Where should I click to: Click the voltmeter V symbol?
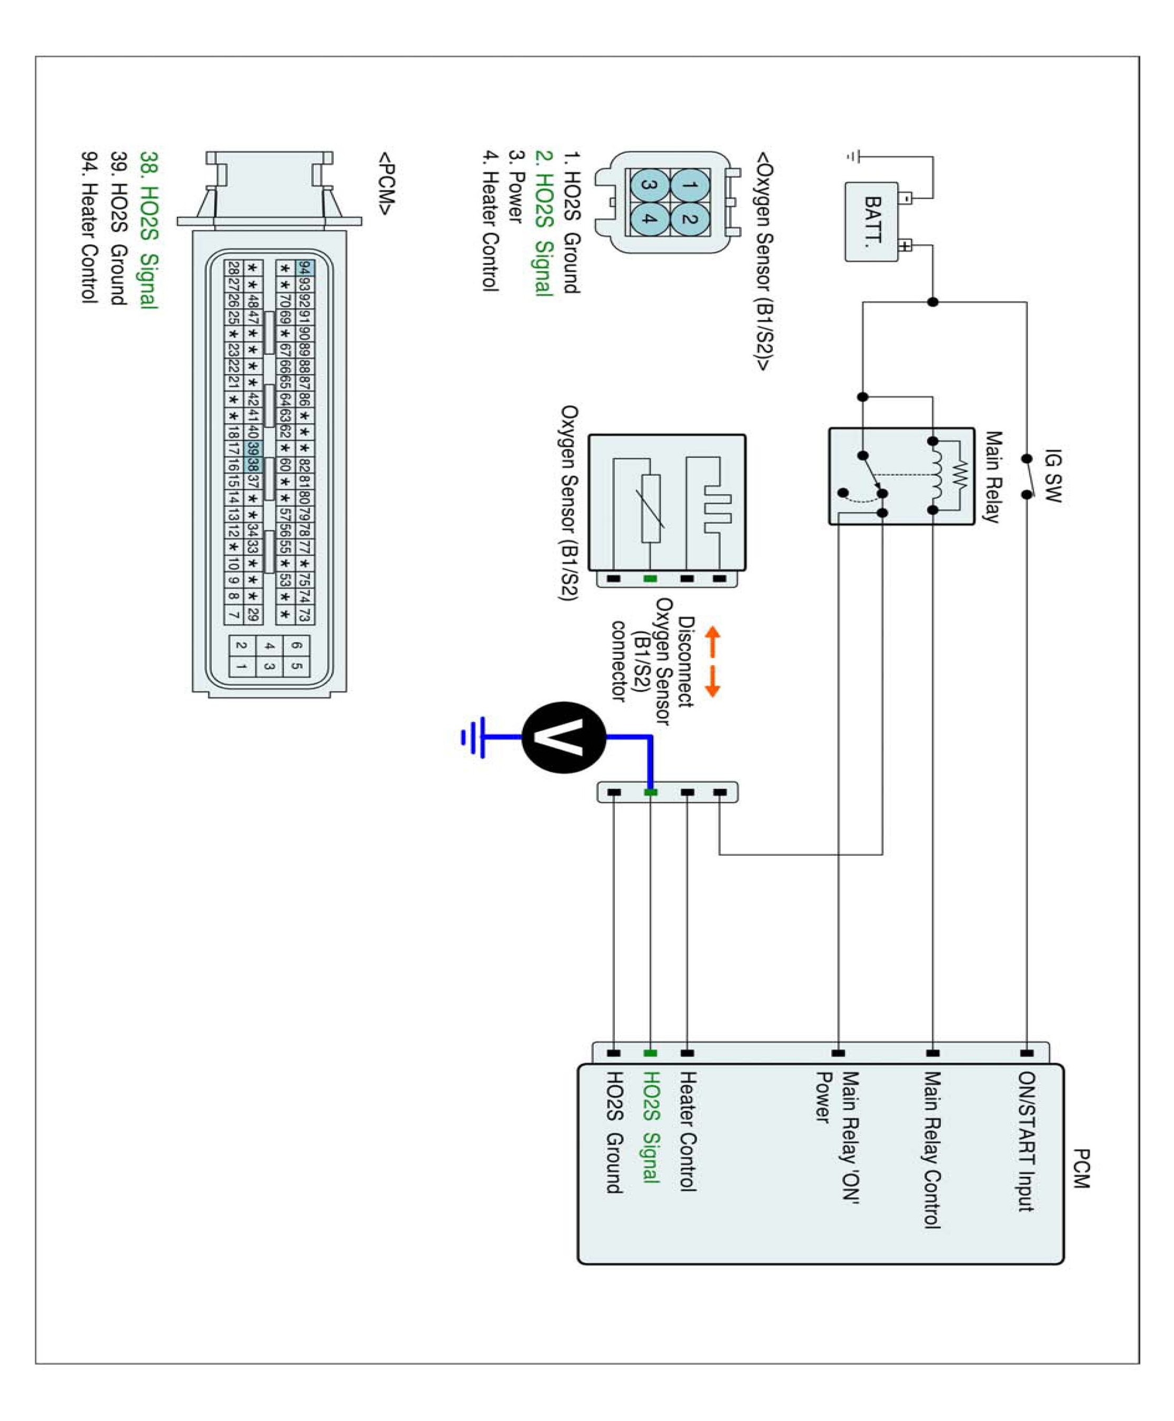(563, 737)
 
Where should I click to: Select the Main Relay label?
(991, 477)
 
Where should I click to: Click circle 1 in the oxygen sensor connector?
(689, 185)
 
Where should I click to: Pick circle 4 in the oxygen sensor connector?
(649, 218)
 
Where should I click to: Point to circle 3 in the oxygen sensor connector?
(649, 185)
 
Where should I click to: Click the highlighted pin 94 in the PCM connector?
(305, 268)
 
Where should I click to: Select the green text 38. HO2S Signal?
(149, 230)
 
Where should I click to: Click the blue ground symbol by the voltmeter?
(473, 737)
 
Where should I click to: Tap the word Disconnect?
(686, 661)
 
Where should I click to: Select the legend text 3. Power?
(515, 187)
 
